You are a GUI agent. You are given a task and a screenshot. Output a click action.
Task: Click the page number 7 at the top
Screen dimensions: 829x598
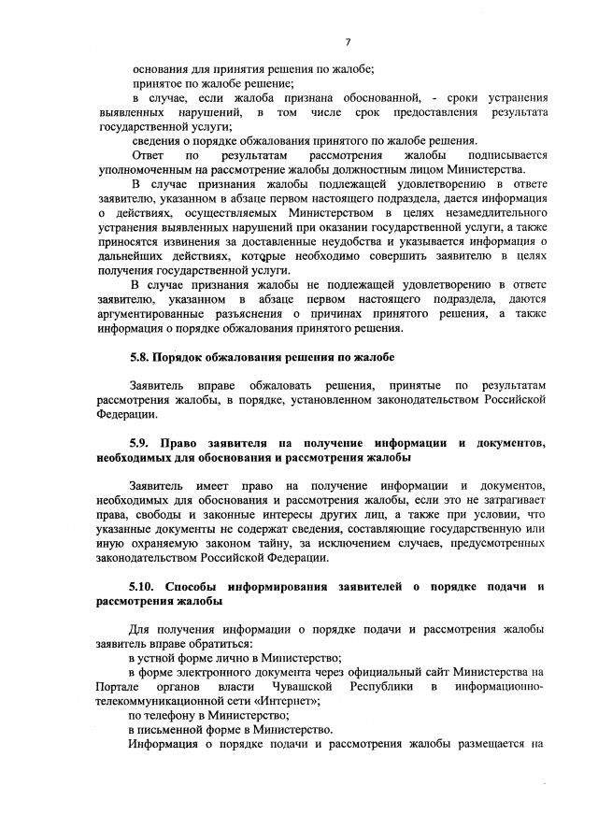click(347, 42)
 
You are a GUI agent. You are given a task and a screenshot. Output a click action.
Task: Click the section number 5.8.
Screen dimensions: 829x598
click(141, 358)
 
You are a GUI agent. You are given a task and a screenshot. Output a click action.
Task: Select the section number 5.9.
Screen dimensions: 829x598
click(141, 441)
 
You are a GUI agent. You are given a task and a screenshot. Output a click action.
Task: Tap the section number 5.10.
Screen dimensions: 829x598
click(144, 586)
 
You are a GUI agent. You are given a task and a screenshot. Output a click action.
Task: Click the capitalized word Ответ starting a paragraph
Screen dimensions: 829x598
click(149, 154)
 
